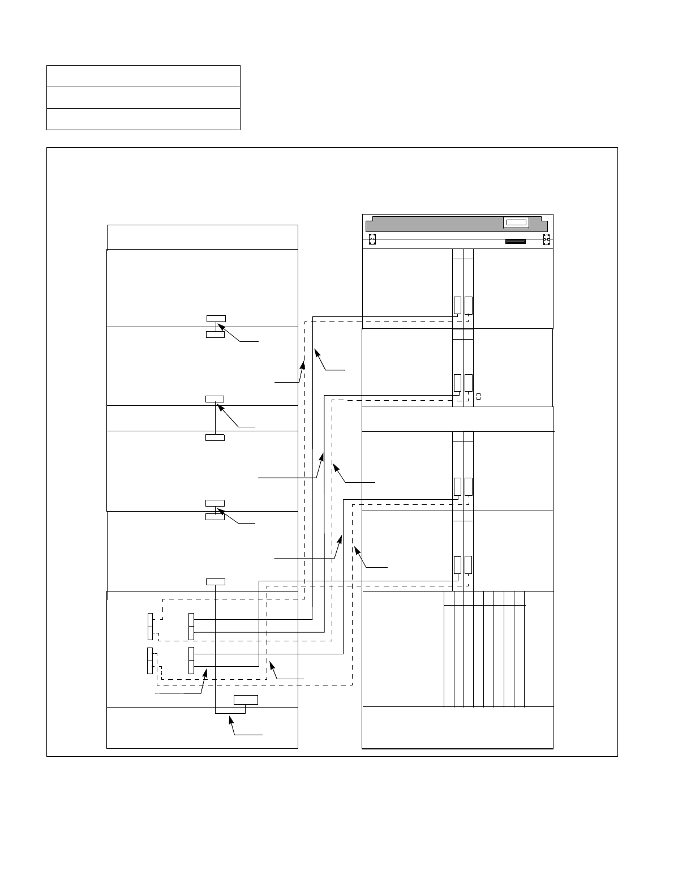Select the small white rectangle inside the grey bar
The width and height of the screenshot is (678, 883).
tap(516, 223)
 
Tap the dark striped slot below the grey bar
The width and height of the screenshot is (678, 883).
tap(515, 242)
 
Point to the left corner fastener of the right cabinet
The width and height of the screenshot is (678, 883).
tap(372, 240)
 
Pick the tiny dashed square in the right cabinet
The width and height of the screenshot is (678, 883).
tap(478, 396)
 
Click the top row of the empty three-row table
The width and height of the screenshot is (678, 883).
tap(143, 76)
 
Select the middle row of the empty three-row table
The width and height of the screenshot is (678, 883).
tap(143, 97)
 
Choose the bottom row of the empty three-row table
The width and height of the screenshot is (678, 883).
tap(143, 119)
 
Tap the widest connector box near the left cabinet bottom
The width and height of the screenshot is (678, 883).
tap(246, 700)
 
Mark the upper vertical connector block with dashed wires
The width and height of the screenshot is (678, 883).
tap(150, 627)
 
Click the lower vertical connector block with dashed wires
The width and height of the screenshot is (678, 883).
tap(150, 661)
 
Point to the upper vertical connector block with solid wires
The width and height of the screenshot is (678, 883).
tap(191, 627)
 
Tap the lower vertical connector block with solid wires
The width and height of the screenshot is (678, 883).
tap(191, 661)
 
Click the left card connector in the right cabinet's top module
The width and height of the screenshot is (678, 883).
tap(457, 305)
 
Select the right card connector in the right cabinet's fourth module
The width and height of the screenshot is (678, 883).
tap(468, 565)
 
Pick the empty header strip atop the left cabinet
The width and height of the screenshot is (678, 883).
tap(202, 237)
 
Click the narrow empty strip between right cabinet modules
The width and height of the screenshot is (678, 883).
tap(457, 418)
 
